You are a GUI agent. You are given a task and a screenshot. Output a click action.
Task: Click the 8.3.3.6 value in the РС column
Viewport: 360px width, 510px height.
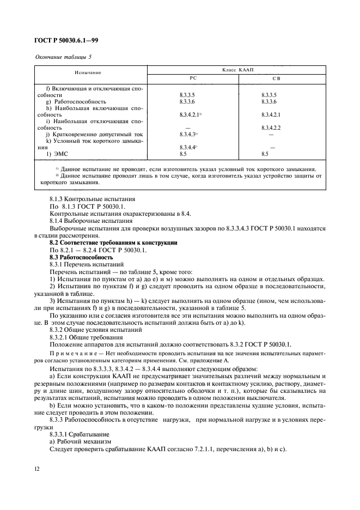pyautogui.click(x=187, y=101)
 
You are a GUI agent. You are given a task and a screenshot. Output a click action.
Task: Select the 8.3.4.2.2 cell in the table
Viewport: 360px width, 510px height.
pyautogui.click(x=271, y=127)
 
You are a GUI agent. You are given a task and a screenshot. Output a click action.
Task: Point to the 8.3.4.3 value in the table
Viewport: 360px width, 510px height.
pyautogui.click(x=187, y=134)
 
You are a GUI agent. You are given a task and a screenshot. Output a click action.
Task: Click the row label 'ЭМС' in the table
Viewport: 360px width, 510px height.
pyautogui.click(x=56, y=154)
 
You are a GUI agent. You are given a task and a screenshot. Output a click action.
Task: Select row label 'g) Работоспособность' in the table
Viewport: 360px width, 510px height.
pyautogui.click(x=76, y=101)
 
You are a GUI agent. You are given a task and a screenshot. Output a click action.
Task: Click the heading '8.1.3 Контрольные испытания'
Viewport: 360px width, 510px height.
pyautogui.click(x=90, y=200)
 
